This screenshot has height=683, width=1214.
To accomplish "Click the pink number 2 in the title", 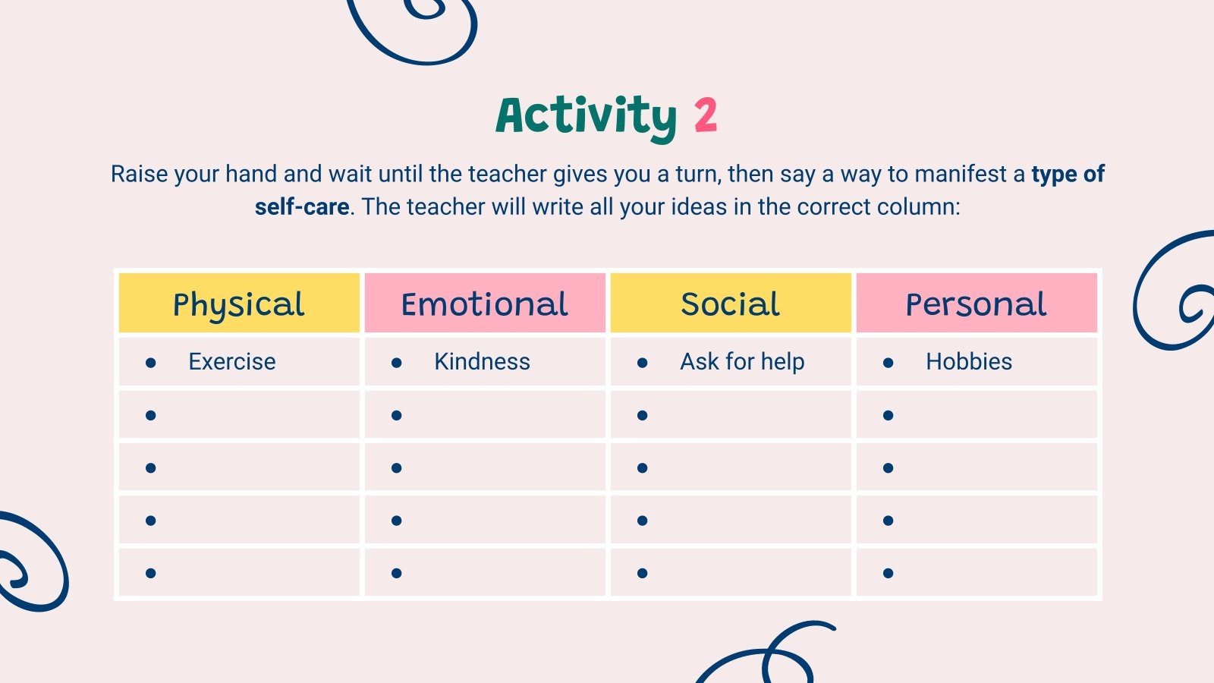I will (705, 115).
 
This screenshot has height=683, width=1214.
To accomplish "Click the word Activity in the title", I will (586, 116).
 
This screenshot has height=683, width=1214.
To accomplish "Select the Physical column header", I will (239, 304).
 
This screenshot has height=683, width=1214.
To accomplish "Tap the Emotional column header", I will (485, 304).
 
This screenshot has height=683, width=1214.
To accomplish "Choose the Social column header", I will (730, 304).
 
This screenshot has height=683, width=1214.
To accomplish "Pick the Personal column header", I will (977, 304).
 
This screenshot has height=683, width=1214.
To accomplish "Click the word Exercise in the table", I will (232, 362).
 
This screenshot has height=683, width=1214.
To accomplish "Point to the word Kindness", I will (482, 362).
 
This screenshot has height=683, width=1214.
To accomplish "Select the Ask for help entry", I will (742, 362).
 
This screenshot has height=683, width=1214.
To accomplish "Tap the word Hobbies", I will (969, 362).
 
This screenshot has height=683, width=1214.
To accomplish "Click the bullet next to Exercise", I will (150, 363).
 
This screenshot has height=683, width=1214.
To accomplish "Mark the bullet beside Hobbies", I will (888, 363).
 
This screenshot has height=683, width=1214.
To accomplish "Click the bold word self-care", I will (302, 206).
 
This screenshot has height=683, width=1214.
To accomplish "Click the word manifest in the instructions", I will (961, 174).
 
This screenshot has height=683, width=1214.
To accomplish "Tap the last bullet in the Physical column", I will (150, 573).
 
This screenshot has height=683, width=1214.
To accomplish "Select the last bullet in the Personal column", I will (888, 573).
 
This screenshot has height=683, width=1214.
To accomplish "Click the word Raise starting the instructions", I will (139, 174).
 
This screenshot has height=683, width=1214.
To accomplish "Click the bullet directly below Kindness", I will (396, 415).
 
